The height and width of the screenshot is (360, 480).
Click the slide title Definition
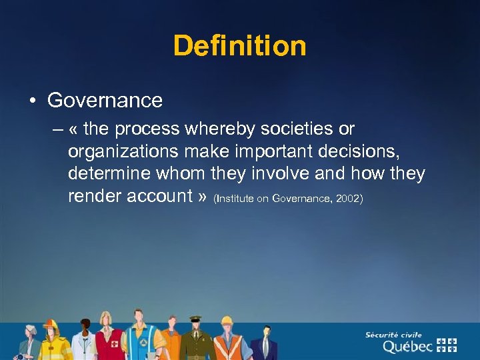[x=240, y=46]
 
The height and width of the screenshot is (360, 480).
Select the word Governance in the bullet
[x=105, y=101]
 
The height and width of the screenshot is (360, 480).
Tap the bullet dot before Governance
[x=31, y=101]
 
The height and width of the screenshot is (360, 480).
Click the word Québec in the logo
[x=407, y=346]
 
